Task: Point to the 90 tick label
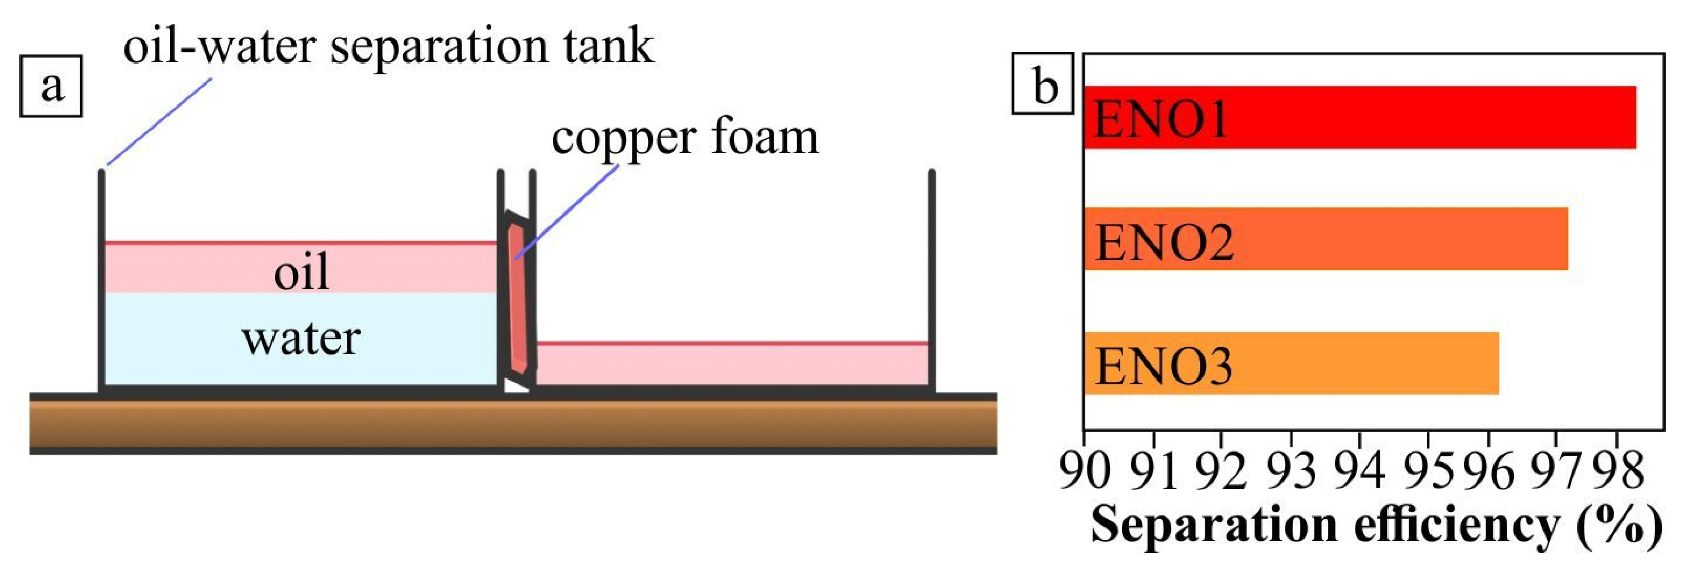[1085, 470]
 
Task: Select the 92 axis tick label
[1221, 470]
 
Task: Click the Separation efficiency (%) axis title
[1376, 526]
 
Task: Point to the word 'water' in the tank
[301, 339]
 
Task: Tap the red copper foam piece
[519, 301]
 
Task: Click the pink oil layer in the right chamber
[732, 365]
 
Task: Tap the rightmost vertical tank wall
[932, 281]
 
